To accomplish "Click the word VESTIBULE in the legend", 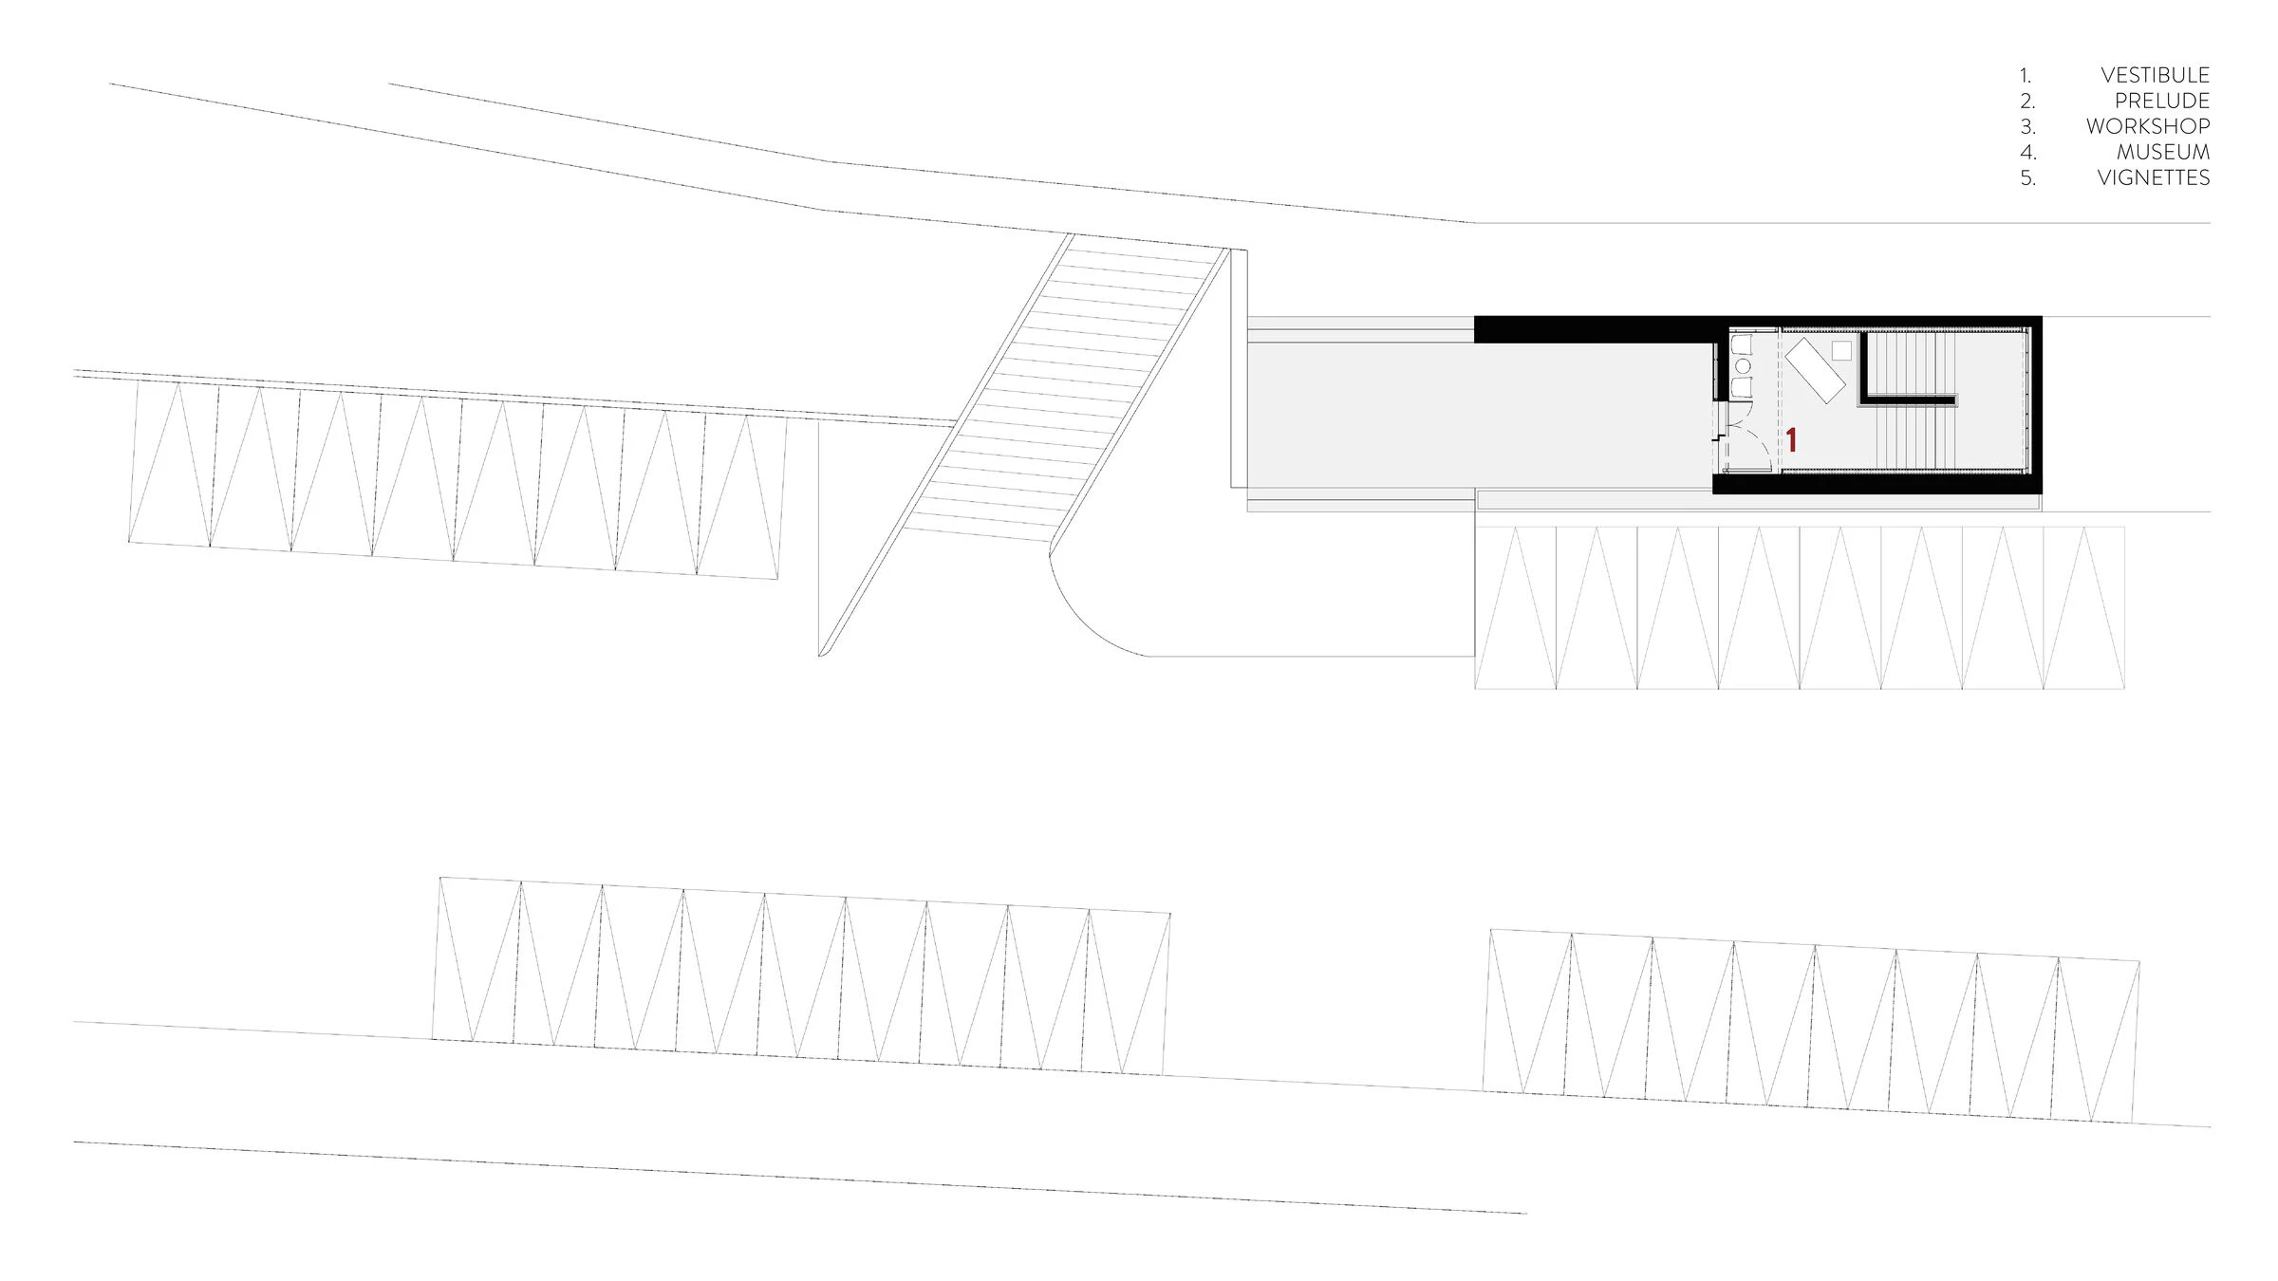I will (x=2155, y=75).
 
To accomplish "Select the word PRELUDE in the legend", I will (x=2161, y=101).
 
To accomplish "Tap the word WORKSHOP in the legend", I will (x=2147, y=126).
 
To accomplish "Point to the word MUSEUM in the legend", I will (x=2162, y=152).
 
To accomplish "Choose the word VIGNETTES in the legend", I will (x=2153, y=177).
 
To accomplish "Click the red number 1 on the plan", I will (x=1791, y=439).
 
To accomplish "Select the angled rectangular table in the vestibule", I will (x=1815, y=371).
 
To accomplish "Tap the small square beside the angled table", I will (x=1840, y=349).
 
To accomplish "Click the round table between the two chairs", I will (x=1742, y=366).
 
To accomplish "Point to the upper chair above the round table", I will (x=1742, y=343).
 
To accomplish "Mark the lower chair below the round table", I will (x=1742, y=388).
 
